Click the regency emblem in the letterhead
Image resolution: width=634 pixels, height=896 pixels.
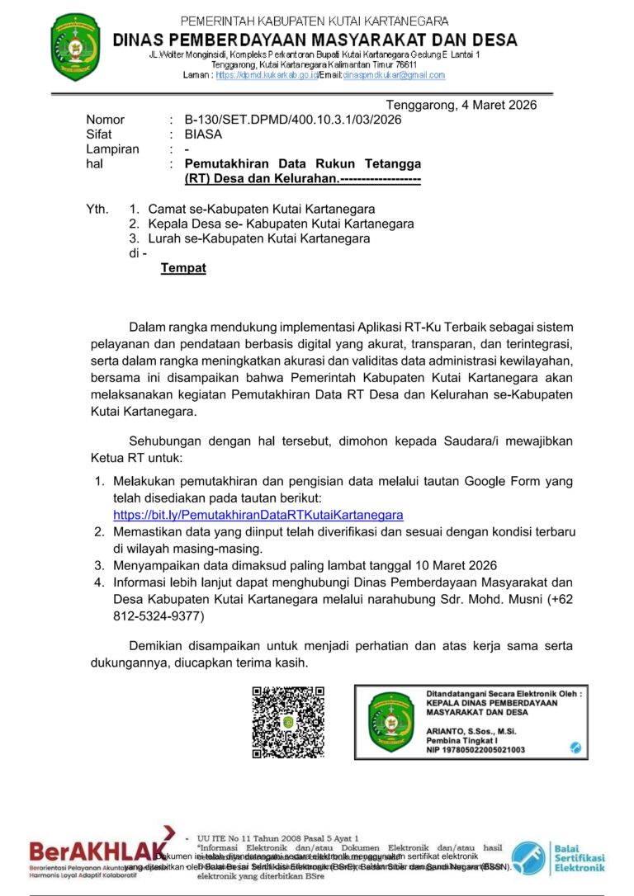[75, 45]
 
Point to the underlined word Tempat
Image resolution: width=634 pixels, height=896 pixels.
[183, 268]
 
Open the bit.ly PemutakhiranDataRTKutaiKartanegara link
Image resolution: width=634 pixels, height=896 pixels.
[258, 515]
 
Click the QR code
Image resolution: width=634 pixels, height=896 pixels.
[288, 722]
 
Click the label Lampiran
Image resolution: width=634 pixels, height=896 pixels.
[113, 149]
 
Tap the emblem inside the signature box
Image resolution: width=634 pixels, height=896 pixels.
[390, 722]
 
